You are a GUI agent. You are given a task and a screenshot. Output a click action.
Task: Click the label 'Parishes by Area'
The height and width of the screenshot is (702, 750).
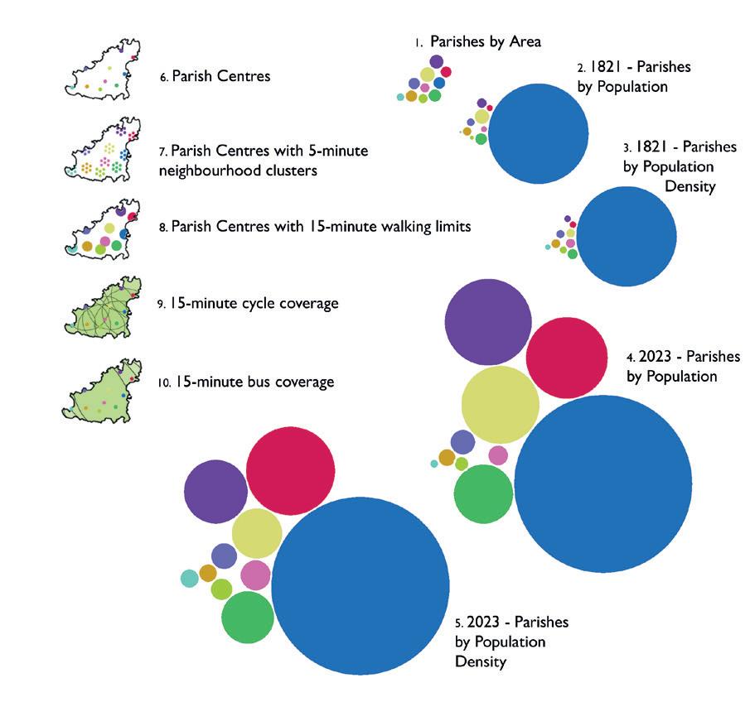(x=485, y=41)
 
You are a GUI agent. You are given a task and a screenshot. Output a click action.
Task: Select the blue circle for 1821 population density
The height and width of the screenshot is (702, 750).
(x=627, y=235)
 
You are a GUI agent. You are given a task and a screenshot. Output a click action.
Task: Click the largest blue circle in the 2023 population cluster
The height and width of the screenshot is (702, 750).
(x=602, y=483)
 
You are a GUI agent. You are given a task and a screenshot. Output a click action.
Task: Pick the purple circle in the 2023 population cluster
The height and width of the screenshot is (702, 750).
(x=488, y=322)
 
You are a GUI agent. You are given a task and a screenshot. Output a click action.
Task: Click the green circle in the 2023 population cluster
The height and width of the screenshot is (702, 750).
(x=482, y=493)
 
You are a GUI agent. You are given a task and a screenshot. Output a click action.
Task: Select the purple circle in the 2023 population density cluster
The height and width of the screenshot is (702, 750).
(x=215, y=492)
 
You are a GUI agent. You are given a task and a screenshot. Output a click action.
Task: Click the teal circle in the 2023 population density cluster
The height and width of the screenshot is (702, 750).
(x=189, y=578)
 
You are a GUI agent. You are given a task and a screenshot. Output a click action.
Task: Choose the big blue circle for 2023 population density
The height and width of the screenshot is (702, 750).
(x=360, y=586)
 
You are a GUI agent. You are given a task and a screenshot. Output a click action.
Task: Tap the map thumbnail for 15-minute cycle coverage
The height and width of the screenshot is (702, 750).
(x=100, y=307)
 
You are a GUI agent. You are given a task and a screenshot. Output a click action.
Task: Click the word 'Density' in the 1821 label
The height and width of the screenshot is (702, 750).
(x=690, y=186)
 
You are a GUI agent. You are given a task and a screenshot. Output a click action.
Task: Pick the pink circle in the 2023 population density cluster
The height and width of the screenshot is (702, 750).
(x=255, y=574)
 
